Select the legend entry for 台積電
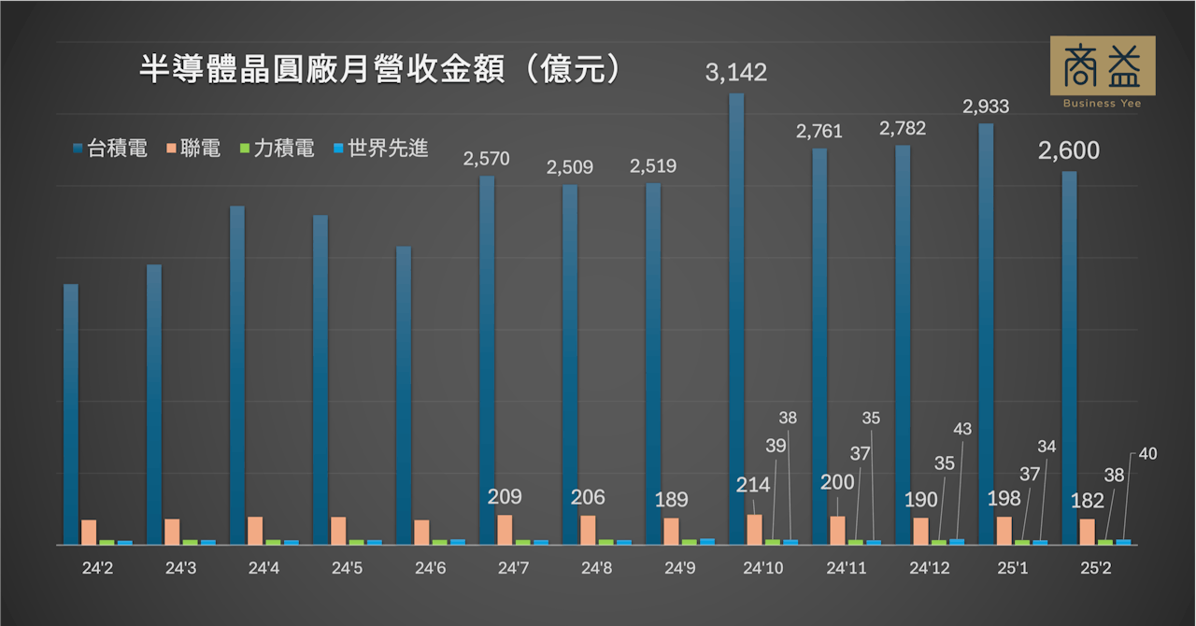point(109,148)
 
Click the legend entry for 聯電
point(192,148)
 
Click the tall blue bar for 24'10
point(736,318)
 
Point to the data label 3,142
point(736,72)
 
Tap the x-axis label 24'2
point(97,567)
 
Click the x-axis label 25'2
point(1094,567)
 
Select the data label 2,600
point(1069,150)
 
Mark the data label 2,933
point(986,107)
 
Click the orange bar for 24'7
point(505,529)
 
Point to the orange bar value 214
point(753,485)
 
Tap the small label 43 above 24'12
point(962,429)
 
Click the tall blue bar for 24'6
point(404,392)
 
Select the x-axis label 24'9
point(679,567)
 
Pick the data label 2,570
point(487,159)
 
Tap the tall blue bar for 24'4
point(237,374)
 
